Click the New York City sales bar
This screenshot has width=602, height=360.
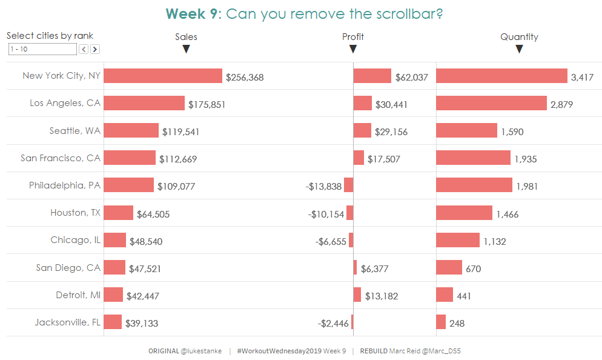tap(163, 76)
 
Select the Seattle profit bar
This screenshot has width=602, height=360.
tap(362, 130)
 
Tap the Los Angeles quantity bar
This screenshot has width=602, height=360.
tap(491, 103)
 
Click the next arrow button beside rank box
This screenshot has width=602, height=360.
tap(95, 49)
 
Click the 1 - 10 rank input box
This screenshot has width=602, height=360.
tap(42, 49)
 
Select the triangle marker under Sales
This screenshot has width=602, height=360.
tap(186, 49)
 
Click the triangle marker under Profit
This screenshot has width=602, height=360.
tap(353, 49)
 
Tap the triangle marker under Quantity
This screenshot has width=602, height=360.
tap(519, 49)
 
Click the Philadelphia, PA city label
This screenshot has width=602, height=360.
tap(65, 185)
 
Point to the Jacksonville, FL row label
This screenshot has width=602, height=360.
tap(68, 322)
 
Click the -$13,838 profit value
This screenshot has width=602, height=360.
tap(324, 187)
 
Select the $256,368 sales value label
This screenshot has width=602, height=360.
tap(245, 77)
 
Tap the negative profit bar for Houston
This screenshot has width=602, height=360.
tap(350, 213)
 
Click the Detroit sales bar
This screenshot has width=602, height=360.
tap(113, 295)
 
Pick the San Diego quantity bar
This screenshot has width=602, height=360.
tap(449, 267)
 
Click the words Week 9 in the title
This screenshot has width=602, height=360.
tap(193, 14)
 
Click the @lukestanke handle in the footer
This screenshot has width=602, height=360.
tap(201, 351)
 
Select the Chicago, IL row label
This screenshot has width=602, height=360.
tap(76, 240)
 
